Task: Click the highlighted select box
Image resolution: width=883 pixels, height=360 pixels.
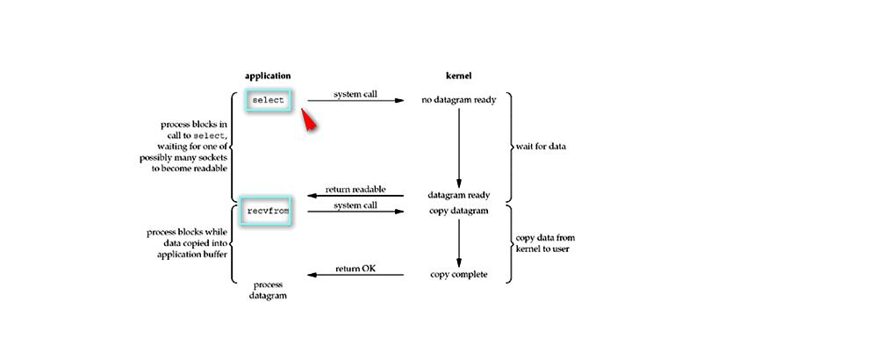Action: pos(269,100)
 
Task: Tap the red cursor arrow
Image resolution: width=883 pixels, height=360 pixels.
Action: pos(308,120)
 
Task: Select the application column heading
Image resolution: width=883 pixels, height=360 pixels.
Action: pos(268,76)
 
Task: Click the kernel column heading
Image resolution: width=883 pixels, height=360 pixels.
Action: pos(458,76)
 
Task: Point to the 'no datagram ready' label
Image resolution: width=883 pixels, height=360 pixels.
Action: pos(458,100)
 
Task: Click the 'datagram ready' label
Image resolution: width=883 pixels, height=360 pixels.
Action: pos(458,195)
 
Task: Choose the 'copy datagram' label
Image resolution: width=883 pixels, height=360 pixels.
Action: pos(458,212)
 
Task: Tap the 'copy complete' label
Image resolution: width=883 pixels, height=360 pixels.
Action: pos(458,275)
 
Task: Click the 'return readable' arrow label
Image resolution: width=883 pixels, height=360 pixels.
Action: pos(355,189)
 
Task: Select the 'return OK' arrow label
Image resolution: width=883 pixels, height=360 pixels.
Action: pos(355,268)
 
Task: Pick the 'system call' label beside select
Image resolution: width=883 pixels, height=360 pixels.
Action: pos(355,94)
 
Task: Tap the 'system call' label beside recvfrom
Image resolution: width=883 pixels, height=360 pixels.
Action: pos(355,205)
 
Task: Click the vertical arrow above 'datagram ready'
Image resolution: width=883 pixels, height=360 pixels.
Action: pos(458,145)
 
